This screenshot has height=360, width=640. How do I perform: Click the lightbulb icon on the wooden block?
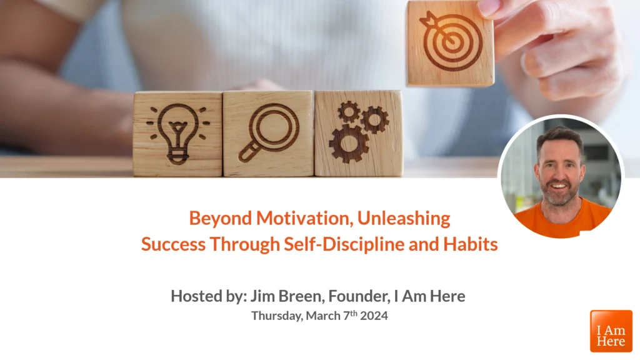[178, 134]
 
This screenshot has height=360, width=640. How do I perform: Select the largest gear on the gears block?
[349, 144]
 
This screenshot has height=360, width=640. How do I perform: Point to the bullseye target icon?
[451, 41]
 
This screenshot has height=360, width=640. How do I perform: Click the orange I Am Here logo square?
[611, 331]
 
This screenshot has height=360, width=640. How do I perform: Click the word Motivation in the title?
[304, 218]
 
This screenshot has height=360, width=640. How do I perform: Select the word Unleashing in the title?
[404, 218]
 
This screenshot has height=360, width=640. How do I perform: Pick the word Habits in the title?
[471, 244]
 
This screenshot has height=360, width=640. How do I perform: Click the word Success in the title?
[173, 244]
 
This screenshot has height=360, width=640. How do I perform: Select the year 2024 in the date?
[374, 316]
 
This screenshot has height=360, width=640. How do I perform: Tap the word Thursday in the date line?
[277, 316]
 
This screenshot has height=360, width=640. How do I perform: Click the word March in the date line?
[323, 316]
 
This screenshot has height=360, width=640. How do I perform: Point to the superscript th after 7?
[354, 313]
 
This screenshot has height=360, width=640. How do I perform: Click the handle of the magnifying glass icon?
[247, 154]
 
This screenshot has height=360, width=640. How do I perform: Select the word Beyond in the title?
[221, 219]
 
